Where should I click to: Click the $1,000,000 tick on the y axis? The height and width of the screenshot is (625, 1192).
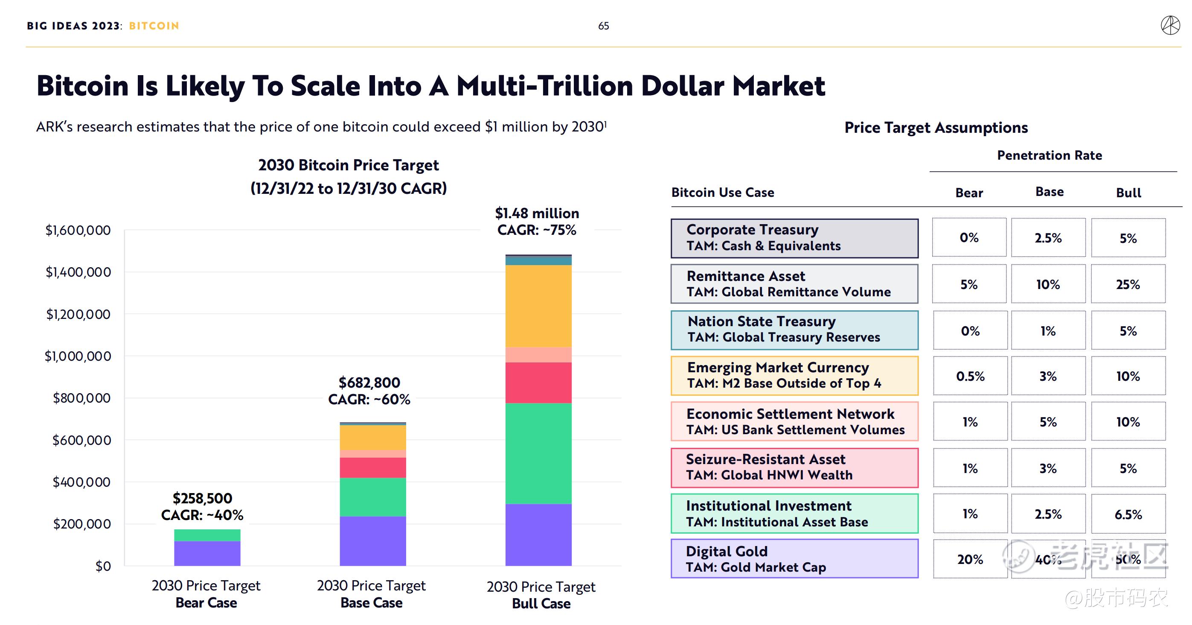coord(78,356)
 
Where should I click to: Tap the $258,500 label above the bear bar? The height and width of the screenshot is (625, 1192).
coord(202,499)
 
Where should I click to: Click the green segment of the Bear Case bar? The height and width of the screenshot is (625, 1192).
coord(207,535)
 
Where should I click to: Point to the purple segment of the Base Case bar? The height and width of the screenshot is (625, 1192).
coord(372,541)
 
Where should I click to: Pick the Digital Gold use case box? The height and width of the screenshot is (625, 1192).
coord(794,559)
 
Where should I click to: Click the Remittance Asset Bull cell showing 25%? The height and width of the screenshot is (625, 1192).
coord(1128,284)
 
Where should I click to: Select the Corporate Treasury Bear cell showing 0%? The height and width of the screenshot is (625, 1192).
coord(969,238)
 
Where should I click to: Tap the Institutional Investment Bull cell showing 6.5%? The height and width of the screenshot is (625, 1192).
coord(1128,514)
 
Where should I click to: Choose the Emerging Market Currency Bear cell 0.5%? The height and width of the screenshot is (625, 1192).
coord(970,376)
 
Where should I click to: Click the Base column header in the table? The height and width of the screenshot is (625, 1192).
coord(1049,192)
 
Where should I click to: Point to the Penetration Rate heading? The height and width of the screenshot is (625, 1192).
coord(1049,155)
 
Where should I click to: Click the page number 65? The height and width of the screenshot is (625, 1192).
coord(603,26)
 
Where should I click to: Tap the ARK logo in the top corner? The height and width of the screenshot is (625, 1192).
coord(1170,26)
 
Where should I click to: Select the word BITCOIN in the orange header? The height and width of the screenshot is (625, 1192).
coord(154,26)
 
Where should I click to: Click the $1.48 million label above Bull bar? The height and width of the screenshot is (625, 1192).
coord(537,213)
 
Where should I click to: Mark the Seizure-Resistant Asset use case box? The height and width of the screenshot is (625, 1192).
coord(794,467)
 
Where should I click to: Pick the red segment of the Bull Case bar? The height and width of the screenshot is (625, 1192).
coord(538,383)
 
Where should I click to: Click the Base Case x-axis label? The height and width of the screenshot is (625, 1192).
coord(371,594)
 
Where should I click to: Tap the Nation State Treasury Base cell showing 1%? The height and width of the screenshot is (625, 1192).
coord(1048,330)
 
